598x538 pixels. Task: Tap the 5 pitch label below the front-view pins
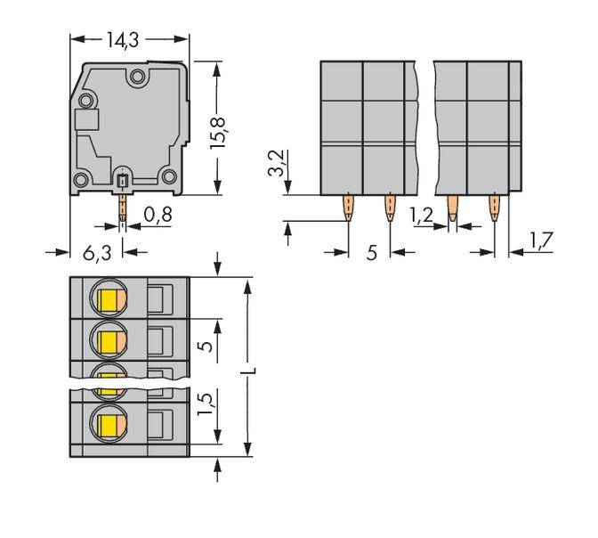[x=371, y=253]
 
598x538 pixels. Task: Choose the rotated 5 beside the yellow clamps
[x=206, y=344]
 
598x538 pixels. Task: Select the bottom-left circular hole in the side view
[x=81, y=181]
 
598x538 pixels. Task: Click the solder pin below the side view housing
[x=122, y=208]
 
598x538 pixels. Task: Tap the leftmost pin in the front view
[x=347, y=210]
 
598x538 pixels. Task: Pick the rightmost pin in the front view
[x=494, y=210]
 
